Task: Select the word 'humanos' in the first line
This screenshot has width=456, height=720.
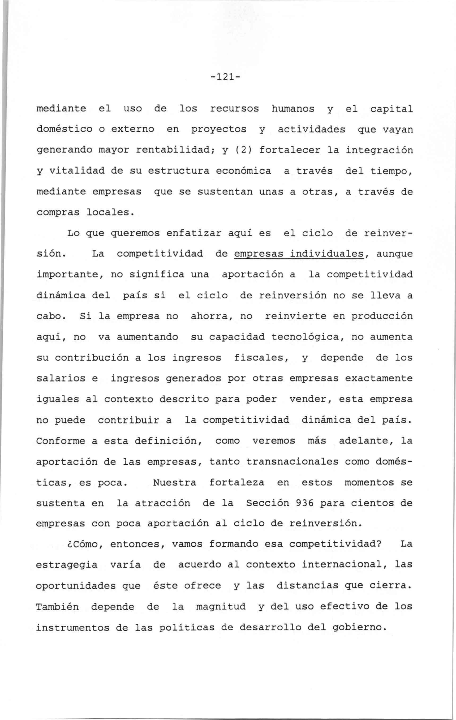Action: (x=293, y=109)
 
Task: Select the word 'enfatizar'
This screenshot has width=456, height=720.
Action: (x=194, y=233)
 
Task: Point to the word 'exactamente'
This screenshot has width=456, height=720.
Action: (x=378, y=379)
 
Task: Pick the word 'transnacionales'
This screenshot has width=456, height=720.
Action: (x=292, y=462)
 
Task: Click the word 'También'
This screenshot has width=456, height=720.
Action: (x=58, y=607)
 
